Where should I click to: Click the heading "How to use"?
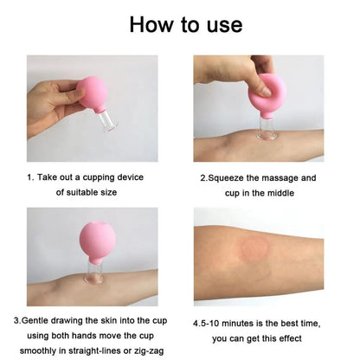tap(180, 23)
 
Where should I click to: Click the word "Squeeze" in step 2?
tap(230, 177)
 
